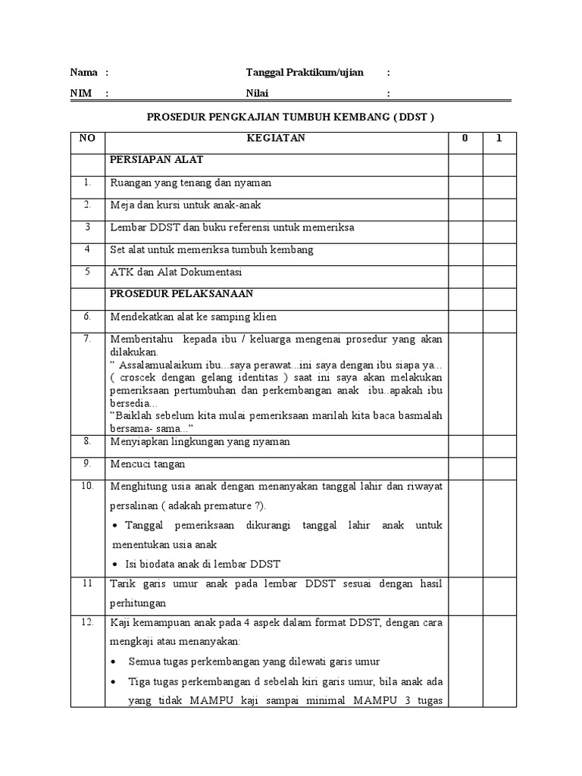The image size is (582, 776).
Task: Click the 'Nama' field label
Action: tap(83, 73)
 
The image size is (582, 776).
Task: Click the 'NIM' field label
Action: tap(80, 94)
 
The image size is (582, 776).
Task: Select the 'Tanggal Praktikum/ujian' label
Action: tap(305, 73)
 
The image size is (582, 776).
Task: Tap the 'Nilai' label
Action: tap(257, 94)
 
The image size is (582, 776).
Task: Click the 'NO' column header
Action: tap(87, 139)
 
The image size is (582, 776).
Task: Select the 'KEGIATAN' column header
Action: tap(275, 139)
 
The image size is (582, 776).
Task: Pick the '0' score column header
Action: tap(465, 139)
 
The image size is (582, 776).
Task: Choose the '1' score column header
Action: tap(499, 139)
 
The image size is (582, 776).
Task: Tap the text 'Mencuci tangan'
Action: tap(147, 464)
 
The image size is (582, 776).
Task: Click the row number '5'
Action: tap(87, 271)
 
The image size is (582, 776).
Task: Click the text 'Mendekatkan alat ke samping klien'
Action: tap(193, 316)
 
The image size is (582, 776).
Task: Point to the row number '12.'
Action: tap(87, 622)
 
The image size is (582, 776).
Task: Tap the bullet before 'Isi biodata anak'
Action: tap(114, 565)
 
